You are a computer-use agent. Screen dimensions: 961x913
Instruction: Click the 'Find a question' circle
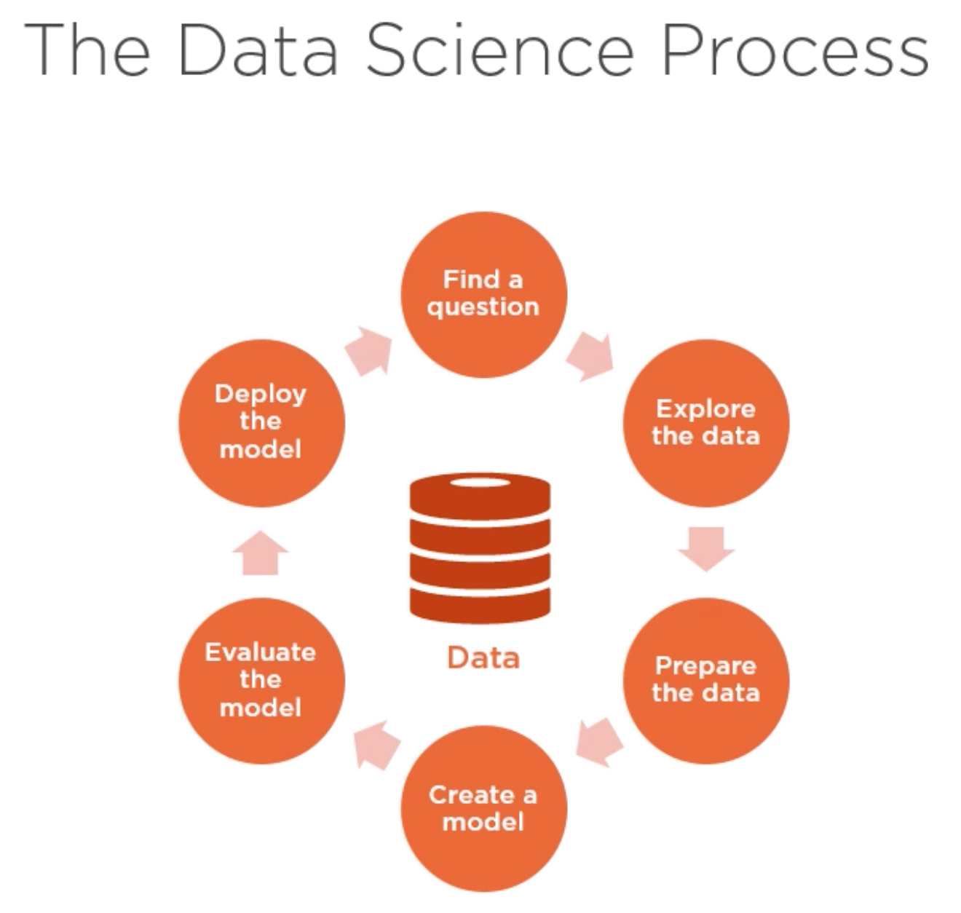483,295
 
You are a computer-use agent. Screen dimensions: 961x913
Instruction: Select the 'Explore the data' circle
705,423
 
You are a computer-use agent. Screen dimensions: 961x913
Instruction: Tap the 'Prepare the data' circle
705,681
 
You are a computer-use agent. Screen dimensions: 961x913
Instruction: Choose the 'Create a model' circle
483,809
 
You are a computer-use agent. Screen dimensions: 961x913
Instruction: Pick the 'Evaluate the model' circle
261,681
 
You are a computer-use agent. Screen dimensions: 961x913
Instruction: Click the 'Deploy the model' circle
261,423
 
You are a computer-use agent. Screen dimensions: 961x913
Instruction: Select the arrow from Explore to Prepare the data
706,548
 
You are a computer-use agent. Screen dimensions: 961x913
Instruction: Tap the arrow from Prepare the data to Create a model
599,742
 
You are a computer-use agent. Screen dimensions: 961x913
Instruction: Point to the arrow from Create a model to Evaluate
377,744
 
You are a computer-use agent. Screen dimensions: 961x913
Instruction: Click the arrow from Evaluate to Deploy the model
261,553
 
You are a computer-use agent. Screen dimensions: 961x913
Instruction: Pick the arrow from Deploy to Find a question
370,351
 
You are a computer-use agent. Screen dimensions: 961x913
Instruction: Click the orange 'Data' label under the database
483,657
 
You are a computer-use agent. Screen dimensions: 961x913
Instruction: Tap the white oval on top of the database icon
480,483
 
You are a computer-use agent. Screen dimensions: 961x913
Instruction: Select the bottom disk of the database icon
480,605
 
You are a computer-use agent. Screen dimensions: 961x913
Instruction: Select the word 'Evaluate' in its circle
261,652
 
